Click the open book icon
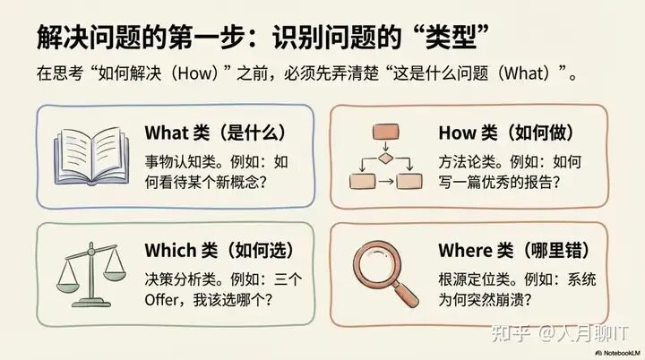click(x=91, y=155)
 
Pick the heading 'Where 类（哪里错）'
click(x=506, y=250)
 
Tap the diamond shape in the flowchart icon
click(x=384, y=159)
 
